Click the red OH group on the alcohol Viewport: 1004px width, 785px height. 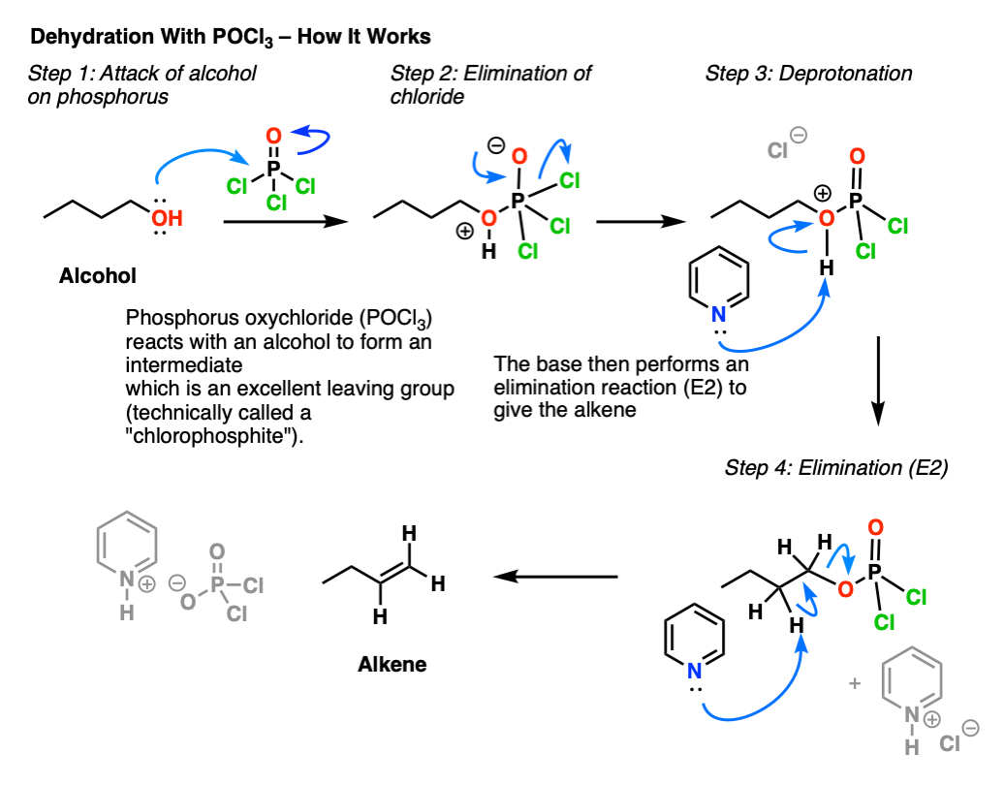[x=167, y=218]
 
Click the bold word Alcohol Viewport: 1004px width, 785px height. [x=98, y=276]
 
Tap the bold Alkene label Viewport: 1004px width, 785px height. [x=392, y=665]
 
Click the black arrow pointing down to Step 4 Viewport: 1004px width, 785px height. [x=878, y=381]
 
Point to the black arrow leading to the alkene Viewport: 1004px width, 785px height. [x=556, y=577]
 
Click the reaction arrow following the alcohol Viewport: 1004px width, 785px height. [x=286, y=222]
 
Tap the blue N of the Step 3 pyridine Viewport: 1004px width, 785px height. [x=719, y=314]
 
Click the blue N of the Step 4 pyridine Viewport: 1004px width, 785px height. [x=695, y=671]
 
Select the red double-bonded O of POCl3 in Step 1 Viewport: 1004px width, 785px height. [x=273, y=136]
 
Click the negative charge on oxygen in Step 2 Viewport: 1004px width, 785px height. [x=496, y=146]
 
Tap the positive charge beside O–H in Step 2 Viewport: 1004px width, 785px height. [x=465, y=232]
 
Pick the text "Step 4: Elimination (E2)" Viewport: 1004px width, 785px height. [x=836, y=468]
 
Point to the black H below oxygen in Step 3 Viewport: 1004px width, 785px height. [x=827, y=267]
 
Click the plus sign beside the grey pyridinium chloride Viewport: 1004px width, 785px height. [x=855, y=684]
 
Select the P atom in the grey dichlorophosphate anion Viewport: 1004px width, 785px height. [x=217, y=584]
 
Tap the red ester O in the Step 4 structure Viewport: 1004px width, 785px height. [x=845, y=589]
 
